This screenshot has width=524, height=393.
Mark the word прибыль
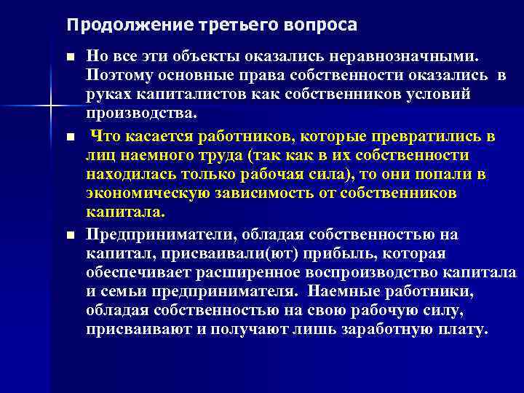(x=336, y=253)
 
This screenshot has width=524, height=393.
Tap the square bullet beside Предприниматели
(x=69, y=234)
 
